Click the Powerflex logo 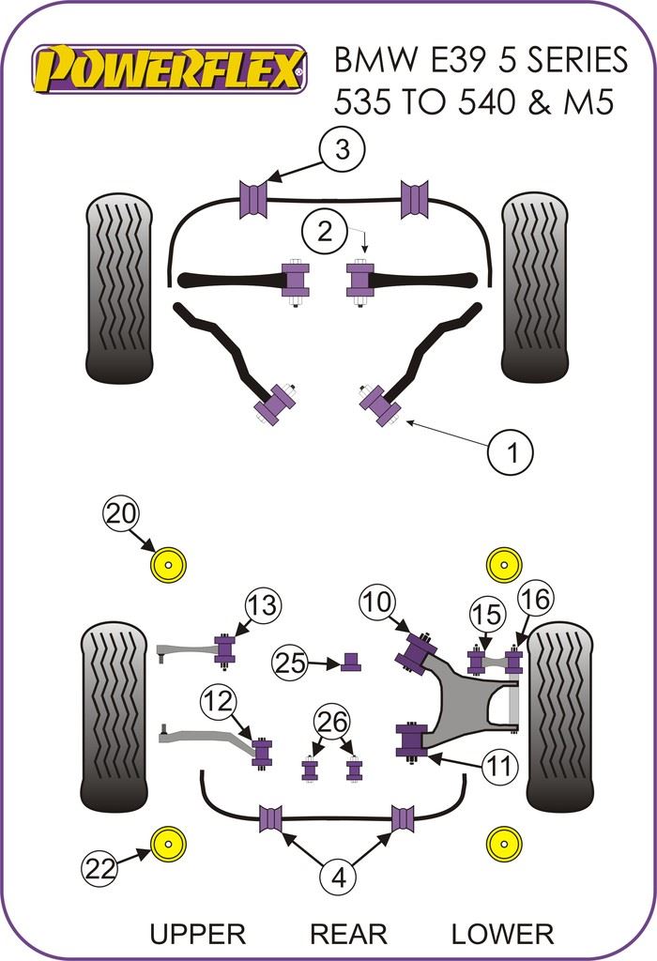coord(170,69)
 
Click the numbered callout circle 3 coord(342,149)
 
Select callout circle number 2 coord(325,231)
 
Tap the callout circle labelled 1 coord(512,453)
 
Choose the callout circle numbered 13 coord(264,606)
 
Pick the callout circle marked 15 coord(487,616)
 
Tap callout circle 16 coord(535,598)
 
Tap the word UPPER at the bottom coord(197,934)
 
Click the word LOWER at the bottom coord(502,934)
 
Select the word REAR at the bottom coord(348,934)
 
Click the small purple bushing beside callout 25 coord(352,662)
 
